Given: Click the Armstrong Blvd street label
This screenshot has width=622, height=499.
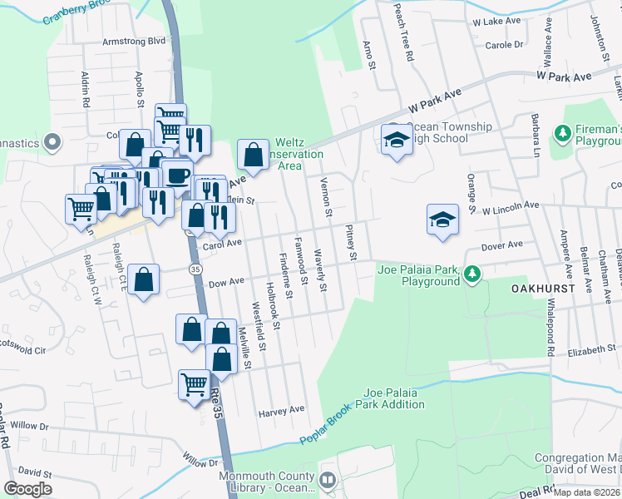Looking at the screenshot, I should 134,40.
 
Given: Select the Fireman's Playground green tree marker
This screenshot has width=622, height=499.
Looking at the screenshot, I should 563,132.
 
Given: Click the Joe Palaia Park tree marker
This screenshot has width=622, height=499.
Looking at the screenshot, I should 472,273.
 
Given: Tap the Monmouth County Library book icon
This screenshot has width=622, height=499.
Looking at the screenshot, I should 327,480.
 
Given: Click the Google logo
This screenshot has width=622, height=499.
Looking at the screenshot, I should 27,489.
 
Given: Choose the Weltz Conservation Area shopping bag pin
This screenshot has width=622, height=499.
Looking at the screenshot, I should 253,155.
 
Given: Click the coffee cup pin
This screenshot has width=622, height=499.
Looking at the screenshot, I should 176,175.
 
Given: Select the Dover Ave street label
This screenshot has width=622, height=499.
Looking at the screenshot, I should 502,245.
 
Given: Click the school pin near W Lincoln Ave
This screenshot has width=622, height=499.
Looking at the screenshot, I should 442,220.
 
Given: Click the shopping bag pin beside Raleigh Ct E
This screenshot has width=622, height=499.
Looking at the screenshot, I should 144,281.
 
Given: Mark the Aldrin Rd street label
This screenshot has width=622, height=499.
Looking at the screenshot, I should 85,90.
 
